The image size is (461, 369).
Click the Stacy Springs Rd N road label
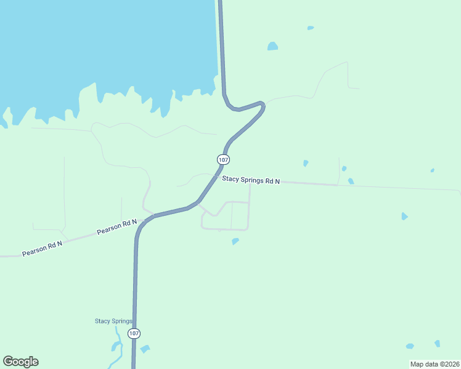point(251,181)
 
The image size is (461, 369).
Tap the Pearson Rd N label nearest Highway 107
point(116,228)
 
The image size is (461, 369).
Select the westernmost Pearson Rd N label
point(43,248)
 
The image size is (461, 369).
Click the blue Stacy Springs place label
point(113,321)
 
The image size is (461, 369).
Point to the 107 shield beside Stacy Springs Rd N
point(223,159)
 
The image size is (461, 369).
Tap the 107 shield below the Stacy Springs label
point(134,333)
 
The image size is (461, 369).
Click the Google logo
point(20,362)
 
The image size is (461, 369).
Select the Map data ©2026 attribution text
point(434,363)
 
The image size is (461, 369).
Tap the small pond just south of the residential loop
point(235,241)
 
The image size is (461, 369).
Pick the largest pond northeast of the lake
point(272,46)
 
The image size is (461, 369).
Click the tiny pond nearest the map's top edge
point(311,28)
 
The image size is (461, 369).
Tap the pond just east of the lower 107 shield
point(145,349)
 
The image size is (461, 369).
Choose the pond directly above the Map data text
point(437,343)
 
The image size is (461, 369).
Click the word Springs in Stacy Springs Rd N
point(254,181)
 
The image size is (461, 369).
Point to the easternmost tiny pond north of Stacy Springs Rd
point(433,170)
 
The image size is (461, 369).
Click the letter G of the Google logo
point(8,362)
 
